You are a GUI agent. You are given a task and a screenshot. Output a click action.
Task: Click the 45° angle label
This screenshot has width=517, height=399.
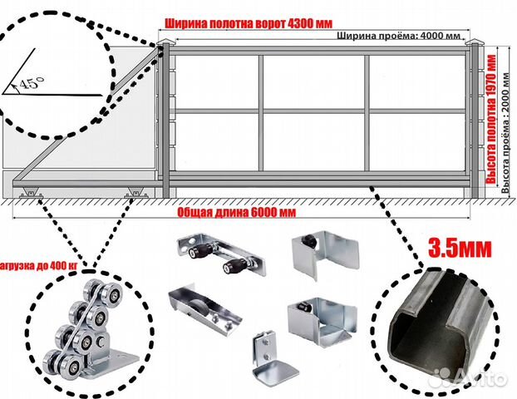pos(32,82)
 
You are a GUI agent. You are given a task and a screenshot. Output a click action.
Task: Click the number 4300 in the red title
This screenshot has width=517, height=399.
pos(299,24)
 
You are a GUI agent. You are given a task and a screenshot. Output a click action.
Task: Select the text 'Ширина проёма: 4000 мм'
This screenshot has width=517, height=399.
pos(398,36)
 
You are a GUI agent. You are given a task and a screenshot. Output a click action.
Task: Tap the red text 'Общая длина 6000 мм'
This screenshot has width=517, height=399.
pos(236,213)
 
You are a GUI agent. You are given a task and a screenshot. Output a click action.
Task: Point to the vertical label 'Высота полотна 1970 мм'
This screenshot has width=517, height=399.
pos(491,120)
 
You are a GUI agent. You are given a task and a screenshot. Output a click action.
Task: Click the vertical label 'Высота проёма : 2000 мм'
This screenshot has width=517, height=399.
pos(505,132)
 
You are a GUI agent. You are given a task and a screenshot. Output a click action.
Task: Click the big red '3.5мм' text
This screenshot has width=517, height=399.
pos(460,248)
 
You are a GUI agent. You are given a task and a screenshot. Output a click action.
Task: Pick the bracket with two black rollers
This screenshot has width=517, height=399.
pos(222,254)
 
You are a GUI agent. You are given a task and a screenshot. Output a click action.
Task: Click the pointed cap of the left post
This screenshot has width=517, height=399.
pos(166,42)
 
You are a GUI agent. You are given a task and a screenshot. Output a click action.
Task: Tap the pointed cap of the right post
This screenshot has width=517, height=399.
pos(475,42)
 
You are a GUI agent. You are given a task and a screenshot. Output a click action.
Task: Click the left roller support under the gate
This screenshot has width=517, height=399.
pos(30,193)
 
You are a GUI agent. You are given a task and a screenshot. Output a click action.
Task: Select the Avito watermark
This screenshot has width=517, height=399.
pos(471,378)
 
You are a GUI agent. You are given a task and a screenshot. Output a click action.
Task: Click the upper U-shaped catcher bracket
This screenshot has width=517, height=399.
pos(325,254)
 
